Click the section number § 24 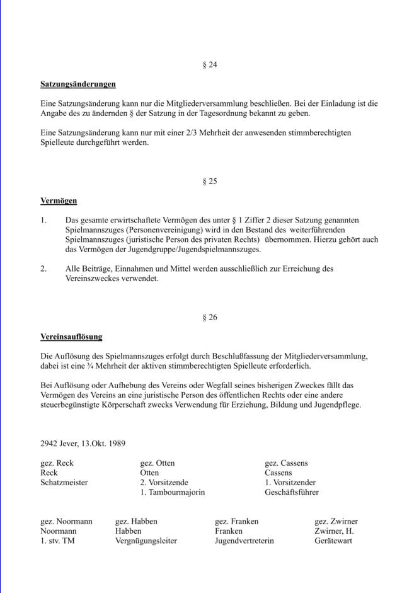[x=210, y=65]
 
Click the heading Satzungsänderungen [x=78, y=84]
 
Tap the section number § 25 [x=210, y=181]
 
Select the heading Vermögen [x=59, y=201]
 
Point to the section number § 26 [x=210, y=317]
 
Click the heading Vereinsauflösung [x=71, y=337]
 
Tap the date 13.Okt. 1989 [x=102, y=443]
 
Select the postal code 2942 [x=49, y=443]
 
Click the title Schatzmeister [x=64, y=482]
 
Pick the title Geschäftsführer [x=292, y=492]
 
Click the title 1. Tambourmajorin [x=173, y=492]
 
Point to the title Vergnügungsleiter [x=146, y=541]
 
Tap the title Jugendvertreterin [x=244, y=541]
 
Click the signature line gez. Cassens [x=287, y=463]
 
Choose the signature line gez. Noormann [x=67, y=521]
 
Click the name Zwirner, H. [x=334, y=531]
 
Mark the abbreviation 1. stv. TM [x=58, y=541]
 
